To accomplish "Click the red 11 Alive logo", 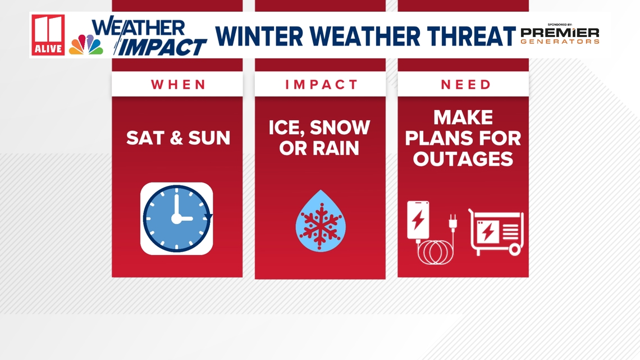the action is point(48,35).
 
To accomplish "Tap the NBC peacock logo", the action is point(86,44).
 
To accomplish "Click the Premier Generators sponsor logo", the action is point(560,34).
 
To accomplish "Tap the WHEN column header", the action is point(179,84).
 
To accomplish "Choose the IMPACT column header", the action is point(321,84).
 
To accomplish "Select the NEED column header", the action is point(466,84).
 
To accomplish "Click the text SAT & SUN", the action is point(178,138).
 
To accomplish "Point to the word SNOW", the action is point(340,127).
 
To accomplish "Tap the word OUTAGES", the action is point(463,159).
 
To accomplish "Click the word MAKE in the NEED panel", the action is point(463,117).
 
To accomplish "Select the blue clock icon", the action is point(177,218).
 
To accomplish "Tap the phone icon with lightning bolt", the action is point(418,220).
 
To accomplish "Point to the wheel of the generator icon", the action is point(515,249).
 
